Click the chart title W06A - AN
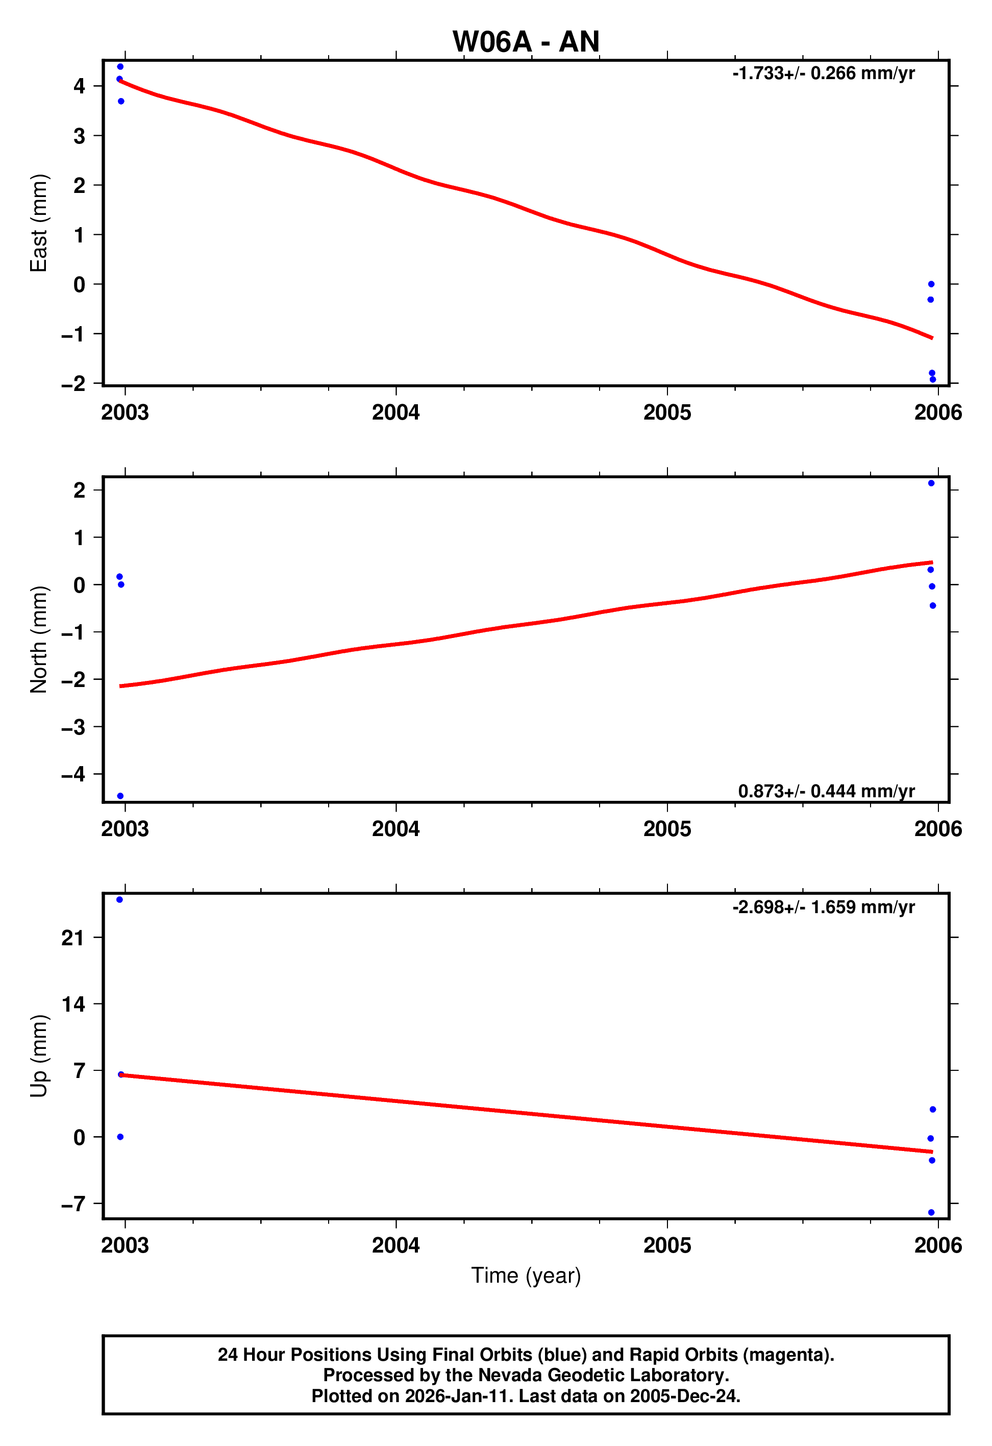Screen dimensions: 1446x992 (526, 42)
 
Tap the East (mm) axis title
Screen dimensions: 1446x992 (39, 223)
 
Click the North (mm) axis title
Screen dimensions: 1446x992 (39, 639)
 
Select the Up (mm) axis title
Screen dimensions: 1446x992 (39, 1056)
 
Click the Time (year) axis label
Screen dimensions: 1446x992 (526, 1276)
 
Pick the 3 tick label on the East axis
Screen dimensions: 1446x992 (79, 136)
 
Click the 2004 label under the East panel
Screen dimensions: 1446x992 (395, 412)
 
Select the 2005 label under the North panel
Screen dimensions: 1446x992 (667, 829)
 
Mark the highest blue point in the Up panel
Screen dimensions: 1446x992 (119, 900)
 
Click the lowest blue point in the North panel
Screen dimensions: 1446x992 (120, 796)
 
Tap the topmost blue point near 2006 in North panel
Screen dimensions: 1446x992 (931, 483)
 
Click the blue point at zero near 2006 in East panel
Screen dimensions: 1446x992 (931, 284)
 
